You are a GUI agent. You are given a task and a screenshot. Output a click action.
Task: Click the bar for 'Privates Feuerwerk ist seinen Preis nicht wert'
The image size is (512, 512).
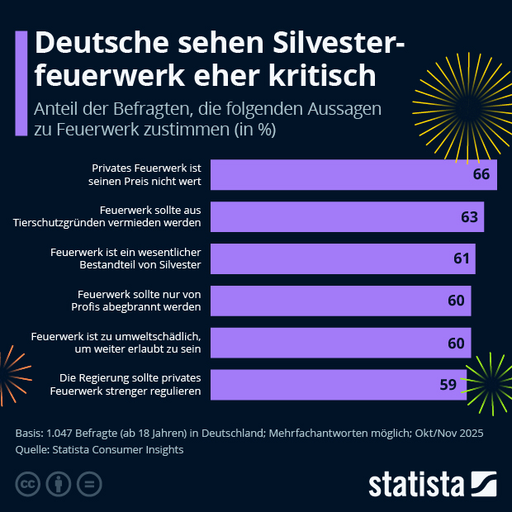click(353, 175)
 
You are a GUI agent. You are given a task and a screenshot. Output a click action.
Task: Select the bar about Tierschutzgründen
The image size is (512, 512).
click(347, 216)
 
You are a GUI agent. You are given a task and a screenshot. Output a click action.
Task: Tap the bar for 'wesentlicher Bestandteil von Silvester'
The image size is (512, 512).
click(343, 258)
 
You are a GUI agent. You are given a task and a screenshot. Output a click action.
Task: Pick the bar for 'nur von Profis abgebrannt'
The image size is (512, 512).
click(340, 301)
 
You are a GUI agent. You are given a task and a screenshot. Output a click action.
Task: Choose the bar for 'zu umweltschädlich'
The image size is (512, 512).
click(340, 342)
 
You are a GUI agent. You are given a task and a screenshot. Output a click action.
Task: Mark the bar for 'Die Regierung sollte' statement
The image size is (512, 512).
click(339, 384)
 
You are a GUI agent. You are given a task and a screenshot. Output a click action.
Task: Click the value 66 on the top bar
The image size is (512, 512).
click(481, 175)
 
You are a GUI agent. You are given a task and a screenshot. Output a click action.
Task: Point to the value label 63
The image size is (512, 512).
click(469, 217)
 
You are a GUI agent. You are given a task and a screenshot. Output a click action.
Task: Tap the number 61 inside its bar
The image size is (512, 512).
click(461, 258)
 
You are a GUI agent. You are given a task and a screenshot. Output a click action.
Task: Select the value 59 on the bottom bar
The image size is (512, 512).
click(448, 384)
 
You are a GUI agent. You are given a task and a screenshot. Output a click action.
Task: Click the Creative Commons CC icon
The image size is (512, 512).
click(29, 483)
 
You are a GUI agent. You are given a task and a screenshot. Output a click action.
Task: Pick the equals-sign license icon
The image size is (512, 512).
click(90, 483)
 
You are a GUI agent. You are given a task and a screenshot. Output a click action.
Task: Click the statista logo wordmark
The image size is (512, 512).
click(416, 483)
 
